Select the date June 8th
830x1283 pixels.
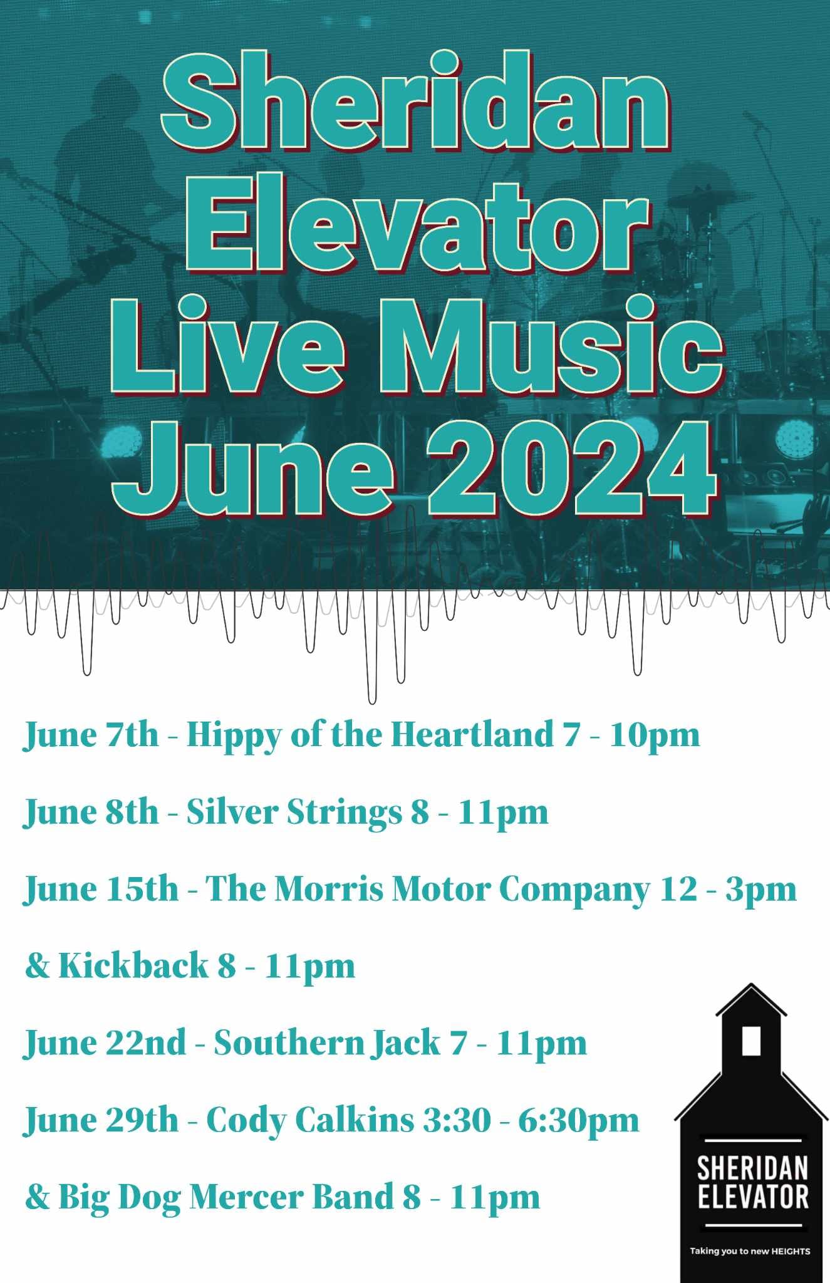[x=91, y=813]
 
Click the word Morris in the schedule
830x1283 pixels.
[x=329, y=889]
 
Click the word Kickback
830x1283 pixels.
[x=133, y=965]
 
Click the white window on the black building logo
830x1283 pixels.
[x=750, y=1041]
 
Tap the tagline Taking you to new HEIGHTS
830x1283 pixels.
[x=750, y=1251]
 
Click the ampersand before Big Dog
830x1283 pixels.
[x=37, y=1197]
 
